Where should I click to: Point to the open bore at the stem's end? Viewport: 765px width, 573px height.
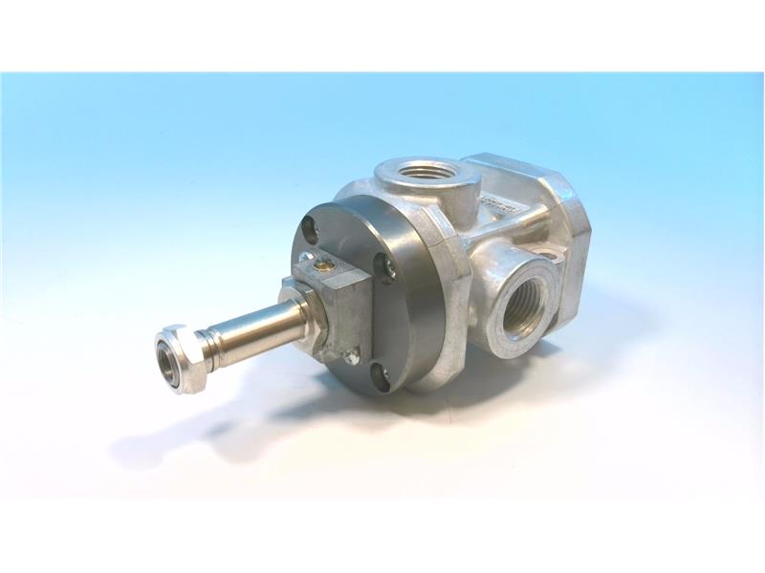[169, 362]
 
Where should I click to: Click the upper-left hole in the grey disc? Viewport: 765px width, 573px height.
[310, 228]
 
